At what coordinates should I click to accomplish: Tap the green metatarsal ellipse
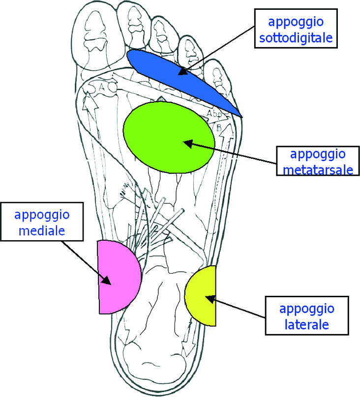(x=169, y=138)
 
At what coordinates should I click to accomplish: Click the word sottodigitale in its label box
(x=296, y=38)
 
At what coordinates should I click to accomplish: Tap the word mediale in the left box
(x=42, y=230)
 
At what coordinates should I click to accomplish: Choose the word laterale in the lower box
(x=307, y=325)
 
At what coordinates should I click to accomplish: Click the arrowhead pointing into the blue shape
(x=183, y=71)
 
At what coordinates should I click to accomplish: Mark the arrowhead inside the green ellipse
(x=188, y=144)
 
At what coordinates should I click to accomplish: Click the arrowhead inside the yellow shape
(x=210, y=299)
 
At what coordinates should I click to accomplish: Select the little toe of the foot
(x=218, y=76)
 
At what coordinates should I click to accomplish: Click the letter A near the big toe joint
(x=102, y=87)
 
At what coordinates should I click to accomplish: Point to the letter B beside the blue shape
(x=218, y=127)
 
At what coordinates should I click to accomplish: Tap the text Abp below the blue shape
(x=214, y=113)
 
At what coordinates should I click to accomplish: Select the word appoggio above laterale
(x=307, y=310)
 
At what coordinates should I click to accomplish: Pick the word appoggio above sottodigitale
(x=296, y=23)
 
